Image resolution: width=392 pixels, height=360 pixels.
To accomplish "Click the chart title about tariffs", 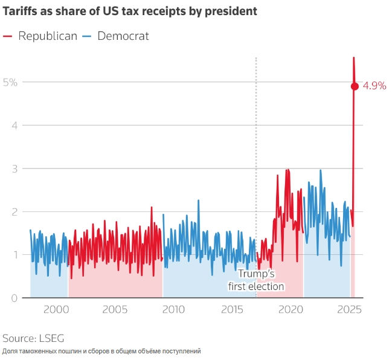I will click(x=130, y=11).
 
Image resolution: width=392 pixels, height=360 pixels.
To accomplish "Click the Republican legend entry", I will click(x=40, y=36).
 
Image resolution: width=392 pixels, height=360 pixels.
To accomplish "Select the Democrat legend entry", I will click(x=115, y=36).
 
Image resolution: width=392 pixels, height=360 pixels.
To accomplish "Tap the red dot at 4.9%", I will click(x=355, y=86).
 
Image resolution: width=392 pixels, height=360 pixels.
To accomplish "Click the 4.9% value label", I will click(x=374, y=86).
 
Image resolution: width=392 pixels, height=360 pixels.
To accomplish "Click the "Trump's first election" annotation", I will click(x=256, y=280).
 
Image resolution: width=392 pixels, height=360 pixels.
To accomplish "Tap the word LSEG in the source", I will click(x=51, y=338).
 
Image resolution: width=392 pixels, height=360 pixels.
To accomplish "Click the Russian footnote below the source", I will click(x=101, y=351).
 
